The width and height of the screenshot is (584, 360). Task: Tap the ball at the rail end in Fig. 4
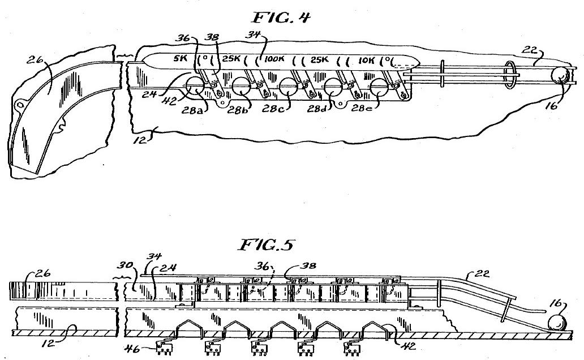coord(560,76)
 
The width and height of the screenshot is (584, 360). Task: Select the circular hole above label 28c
coord(287,88)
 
